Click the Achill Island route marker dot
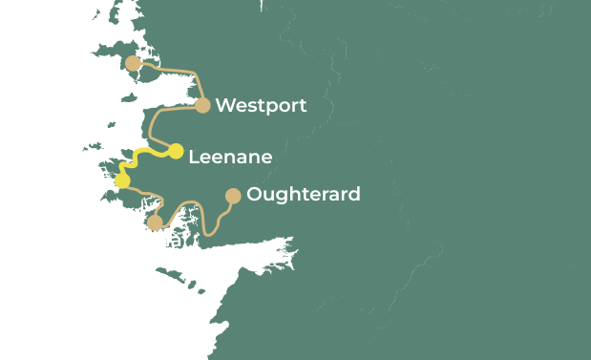click(x=133, y=64)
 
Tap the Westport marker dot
click(x=202, y=105)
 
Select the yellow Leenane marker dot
click(x=176, y=151)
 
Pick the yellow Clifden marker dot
click(x=122, y=180)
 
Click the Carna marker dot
click(x=155, y=222)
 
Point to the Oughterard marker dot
click(x=232, y=196)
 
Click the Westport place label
click(x=261, y=106)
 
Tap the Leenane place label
click(x=230, y=157)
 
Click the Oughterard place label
click(x=303, y=195)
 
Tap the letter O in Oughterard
click(x=254, y=195)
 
